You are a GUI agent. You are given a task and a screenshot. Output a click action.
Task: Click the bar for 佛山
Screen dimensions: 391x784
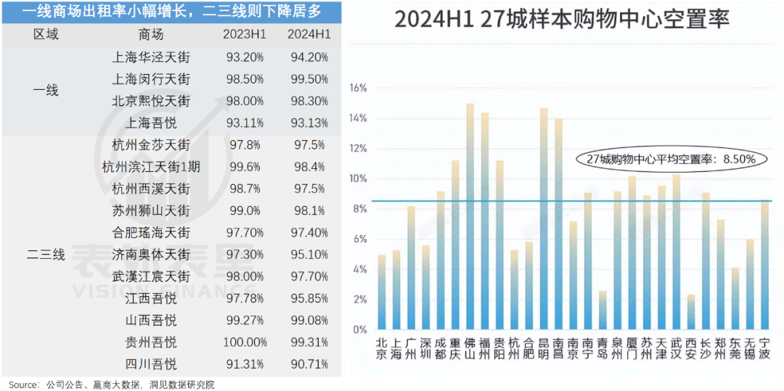(470, 218)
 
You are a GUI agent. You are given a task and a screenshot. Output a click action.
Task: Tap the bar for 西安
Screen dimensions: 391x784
(691, 312)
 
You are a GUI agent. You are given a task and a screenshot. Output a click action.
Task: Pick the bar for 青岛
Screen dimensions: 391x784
(602, 310)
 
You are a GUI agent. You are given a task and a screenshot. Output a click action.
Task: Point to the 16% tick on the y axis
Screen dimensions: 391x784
(359, 88)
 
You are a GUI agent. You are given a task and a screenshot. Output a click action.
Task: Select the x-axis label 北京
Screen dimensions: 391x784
(382, 348)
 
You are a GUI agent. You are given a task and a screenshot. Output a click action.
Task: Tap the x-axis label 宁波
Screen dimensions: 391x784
(765, 348)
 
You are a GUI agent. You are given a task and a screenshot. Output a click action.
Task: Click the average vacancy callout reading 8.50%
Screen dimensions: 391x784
(672, 157)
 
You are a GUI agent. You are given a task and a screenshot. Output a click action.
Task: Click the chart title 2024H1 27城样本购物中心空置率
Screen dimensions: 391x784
(561, 20)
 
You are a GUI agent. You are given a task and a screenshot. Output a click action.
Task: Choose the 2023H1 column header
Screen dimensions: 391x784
(244, 34)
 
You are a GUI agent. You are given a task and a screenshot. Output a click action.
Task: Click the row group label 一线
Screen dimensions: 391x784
(46, 91)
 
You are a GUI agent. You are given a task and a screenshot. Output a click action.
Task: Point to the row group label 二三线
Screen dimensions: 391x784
(46, 255)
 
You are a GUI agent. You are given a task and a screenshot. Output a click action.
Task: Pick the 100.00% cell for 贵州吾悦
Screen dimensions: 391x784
(244, 342)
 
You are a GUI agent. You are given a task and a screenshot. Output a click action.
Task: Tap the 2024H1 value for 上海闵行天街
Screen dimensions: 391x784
(308, 78)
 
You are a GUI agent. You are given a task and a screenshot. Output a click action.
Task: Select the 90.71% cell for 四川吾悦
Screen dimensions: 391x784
(308, 363)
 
